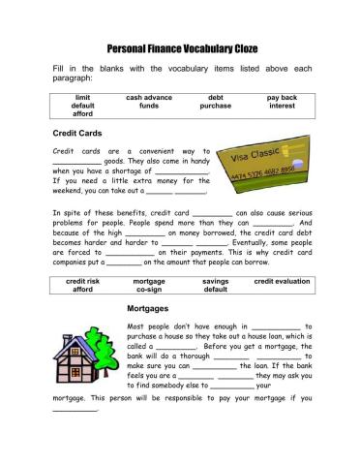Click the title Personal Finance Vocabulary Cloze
(x=181, y=46)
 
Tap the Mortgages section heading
(x=149, y=308)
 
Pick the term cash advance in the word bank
(x=149, y=98)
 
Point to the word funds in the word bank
(x=149, y=107)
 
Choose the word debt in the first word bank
(x=216, y=98)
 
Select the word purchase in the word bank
(x=216, y=107)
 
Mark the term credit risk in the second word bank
(x=82, y=280)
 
